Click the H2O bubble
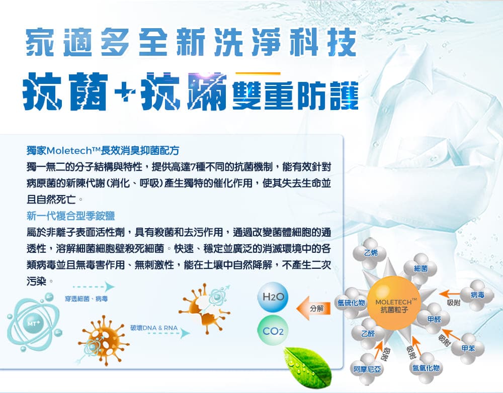273,297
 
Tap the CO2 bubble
273,331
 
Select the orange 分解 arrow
313,308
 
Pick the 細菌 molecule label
421,268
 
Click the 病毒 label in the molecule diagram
477,295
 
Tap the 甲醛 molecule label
434,319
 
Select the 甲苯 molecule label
468,348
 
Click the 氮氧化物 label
426,368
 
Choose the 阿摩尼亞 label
367,369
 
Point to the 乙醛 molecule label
368,334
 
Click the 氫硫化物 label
351,303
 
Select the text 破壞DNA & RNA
154,328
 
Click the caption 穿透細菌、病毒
87,299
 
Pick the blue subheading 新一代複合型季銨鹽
70,216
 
